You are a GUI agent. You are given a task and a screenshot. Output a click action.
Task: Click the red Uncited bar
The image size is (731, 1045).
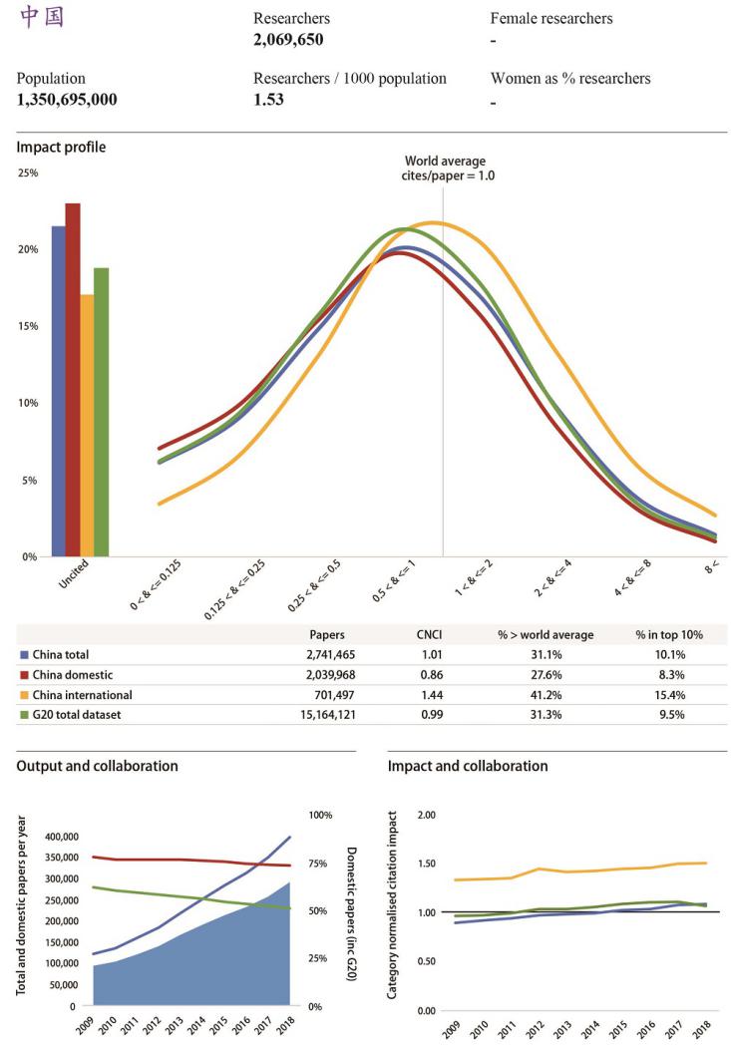[73, 379]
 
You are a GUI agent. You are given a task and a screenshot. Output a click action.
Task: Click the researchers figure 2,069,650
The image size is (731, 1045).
[288, 40]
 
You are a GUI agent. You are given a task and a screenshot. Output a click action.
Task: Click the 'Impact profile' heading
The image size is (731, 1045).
[61, 148]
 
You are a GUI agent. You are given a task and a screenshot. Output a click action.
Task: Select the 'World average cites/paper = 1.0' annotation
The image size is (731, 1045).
[446, 168]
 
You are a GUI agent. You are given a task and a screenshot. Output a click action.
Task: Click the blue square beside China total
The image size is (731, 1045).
[24, 655]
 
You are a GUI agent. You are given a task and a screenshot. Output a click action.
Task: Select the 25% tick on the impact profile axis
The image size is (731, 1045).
[28, 174]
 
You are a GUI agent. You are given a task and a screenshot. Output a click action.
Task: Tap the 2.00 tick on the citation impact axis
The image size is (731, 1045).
[426, 815]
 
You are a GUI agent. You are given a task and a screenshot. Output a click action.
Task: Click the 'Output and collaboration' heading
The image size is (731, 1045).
[98, 766]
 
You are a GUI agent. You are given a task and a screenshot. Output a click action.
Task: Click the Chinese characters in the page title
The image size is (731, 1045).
[41, 18]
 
